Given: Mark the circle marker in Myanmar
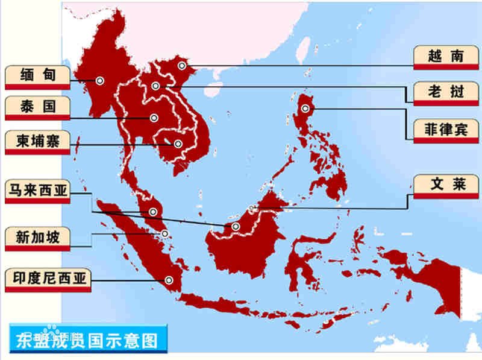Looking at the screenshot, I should (99, 80).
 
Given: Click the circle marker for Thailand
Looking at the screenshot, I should (154, 118).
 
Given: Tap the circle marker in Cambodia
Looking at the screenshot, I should (178, 144).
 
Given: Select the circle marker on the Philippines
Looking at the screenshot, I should (305, 109).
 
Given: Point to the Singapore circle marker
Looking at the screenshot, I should (164, 233).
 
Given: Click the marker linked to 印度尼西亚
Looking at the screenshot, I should (169, 279).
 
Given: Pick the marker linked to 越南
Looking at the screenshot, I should (182, 65).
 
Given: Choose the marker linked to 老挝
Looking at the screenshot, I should (156, 86).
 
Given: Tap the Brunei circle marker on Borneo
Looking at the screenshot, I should (252, 209).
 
